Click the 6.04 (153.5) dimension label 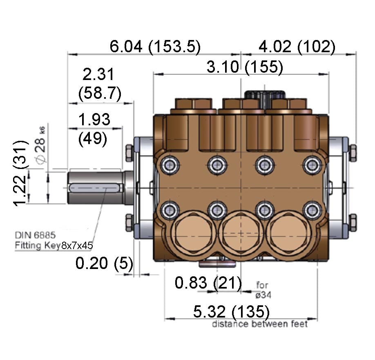pos(155,47)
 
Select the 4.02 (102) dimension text pos(297,47)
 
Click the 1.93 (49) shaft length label pos(94,129)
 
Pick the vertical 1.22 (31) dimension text pos(21,173)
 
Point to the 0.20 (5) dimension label pos(105,264)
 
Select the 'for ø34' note pos(263,289)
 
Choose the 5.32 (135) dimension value pos(231,312)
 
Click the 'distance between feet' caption pos(259,324)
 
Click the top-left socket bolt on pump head pos(168,165)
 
